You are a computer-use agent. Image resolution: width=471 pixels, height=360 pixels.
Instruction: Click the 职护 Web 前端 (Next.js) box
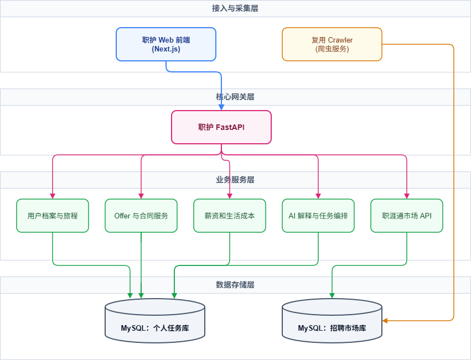tap(166, 44)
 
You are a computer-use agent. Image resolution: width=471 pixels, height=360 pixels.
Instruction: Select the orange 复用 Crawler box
tap(332, 44)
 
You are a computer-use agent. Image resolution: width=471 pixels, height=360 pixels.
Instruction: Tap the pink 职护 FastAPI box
tap(221, 127)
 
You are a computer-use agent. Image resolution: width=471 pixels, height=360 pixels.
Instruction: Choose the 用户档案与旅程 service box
tap(53, 216)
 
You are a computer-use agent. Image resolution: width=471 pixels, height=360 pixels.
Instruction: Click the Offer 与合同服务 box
tap(141, 216)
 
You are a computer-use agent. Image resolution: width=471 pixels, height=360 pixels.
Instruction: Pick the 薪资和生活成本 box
tap(230, 216)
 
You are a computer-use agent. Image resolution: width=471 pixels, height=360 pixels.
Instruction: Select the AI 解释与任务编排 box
tap(318, 216)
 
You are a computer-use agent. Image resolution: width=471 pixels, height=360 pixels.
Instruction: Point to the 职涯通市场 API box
tap(407, 216)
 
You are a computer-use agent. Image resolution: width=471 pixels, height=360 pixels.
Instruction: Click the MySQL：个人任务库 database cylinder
tap(155, 321)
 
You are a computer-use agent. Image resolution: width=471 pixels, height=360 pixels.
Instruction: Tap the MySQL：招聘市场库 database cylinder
tap(332, 321)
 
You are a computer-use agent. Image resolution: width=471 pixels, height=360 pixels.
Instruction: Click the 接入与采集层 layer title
tap(235, 8)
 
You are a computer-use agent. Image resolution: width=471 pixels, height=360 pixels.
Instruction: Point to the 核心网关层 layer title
tap(235, 97)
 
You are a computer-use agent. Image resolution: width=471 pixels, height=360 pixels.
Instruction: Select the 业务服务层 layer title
tap(235, 180)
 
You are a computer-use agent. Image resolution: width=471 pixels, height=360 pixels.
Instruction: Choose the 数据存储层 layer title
tap(235, 285)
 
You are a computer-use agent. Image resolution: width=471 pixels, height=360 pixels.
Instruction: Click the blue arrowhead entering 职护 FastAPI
tap(221, 108)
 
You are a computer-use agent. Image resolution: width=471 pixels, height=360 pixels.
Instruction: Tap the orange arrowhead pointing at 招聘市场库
tap(385, 321)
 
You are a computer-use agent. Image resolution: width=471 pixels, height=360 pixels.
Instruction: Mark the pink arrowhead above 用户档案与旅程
tap(53, 196)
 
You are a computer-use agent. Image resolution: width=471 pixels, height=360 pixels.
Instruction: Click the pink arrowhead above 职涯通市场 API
tap(407, 196)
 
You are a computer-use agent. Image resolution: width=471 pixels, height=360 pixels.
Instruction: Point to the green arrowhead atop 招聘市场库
tap(332, 296)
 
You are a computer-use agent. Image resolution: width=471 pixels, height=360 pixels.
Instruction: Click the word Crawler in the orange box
tap(340, 40)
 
